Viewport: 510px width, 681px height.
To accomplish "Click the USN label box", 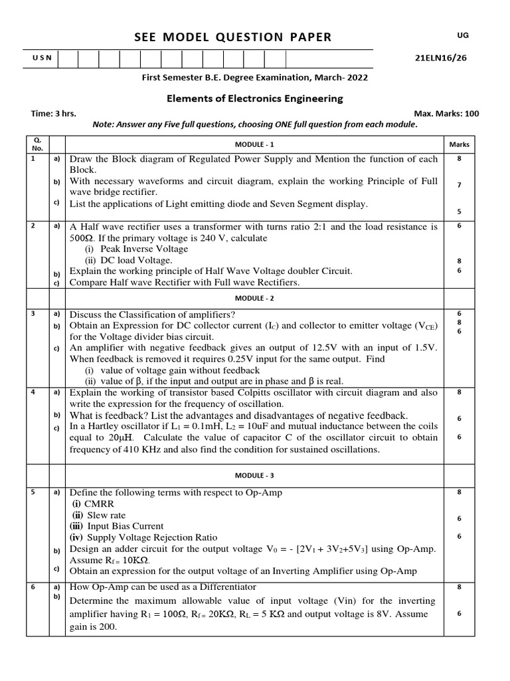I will [x=41, y=59].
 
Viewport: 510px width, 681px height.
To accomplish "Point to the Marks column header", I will [x=459, y=144].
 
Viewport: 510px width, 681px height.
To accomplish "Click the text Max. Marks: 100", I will [x=446, y=114].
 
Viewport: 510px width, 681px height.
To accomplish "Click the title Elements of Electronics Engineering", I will [x=254, y=98].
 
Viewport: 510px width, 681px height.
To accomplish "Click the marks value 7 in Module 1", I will [x=459, y=186].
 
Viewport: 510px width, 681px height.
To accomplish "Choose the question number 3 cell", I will [x=33, y=313].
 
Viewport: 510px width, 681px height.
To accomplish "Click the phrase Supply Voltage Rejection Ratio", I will [x=152, y=537].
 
